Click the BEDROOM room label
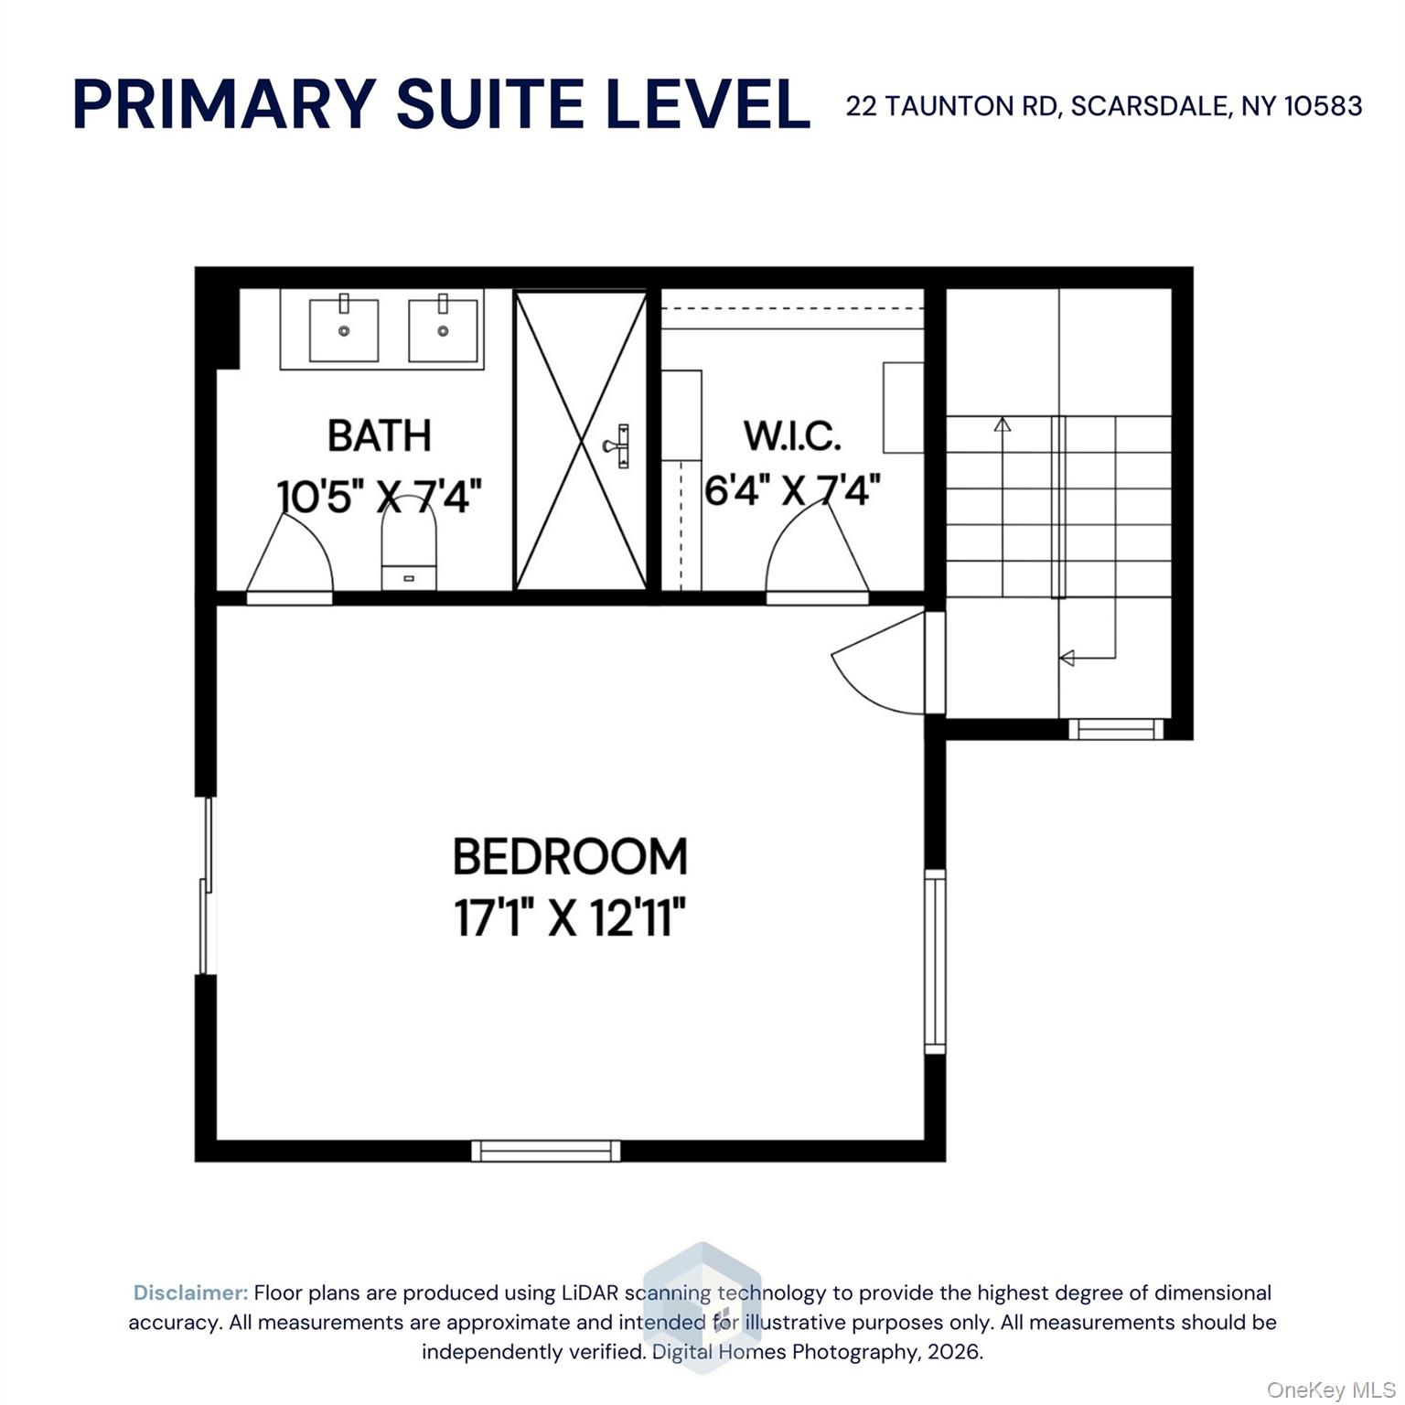click(x=570, y=857)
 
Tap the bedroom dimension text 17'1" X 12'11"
click(x=570, y=917)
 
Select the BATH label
click(x=379, y=435)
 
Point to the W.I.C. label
click(x=792, y=435)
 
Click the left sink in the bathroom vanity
click(x=344, y=328)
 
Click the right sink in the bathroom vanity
click(x=443, y=328)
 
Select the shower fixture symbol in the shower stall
click(x=618, y=445)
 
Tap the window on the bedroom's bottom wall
click(x=546, y=1151)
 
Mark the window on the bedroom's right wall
click(x=935, y=961)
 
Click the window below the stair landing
click(x=1116, y=729)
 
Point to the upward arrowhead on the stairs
click(x=1003, y=424)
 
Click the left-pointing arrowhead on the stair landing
click(x=1067, y=657)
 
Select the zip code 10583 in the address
click(x=1324, y=106)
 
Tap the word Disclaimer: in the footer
click(x=190, y=1292)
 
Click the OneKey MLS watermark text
click(x=1331, y=1390)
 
